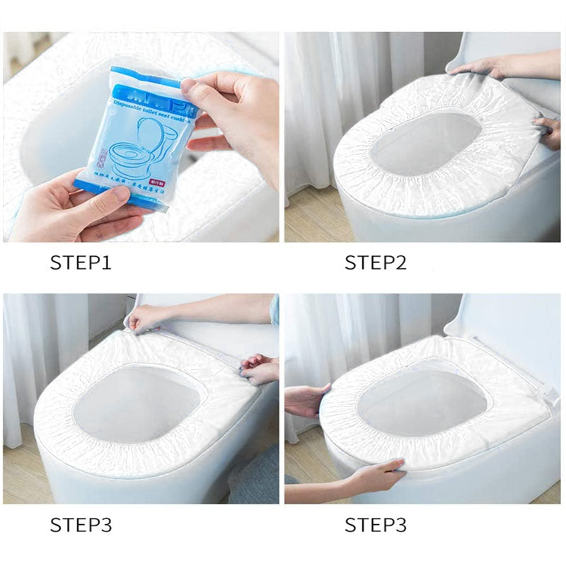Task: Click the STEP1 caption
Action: tap(80, 263)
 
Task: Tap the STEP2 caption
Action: tap(376, 263)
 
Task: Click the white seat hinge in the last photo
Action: tap(543, 390)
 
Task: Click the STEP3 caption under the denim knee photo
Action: tap(80, 525)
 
